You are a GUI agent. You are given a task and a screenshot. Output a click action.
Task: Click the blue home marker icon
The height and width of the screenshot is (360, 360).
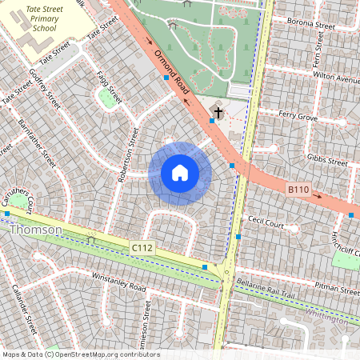click(180, 173)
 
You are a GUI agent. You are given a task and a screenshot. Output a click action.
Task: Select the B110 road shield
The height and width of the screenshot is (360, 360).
click(298, 190)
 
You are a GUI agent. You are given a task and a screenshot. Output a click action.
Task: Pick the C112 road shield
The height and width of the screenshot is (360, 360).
click(142, 250)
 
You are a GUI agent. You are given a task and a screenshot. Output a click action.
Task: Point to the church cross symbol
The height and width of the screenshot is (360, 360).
click(216, 110)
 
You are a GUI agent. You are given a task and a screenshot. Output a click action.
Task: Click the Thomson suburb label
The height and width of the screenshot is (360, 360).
click(36, 230)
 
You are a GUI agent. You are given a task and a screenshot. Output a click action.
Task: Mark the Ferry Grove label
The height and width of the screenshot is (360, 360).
click(298, 117)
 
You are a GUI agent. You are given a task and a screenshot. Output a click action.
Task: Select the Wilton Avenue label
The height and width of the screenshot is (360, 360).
click(335, 80)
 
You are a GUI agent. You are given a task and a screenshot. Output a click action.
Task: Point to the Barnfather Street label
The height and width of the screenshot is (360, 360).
click(38, 145)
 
